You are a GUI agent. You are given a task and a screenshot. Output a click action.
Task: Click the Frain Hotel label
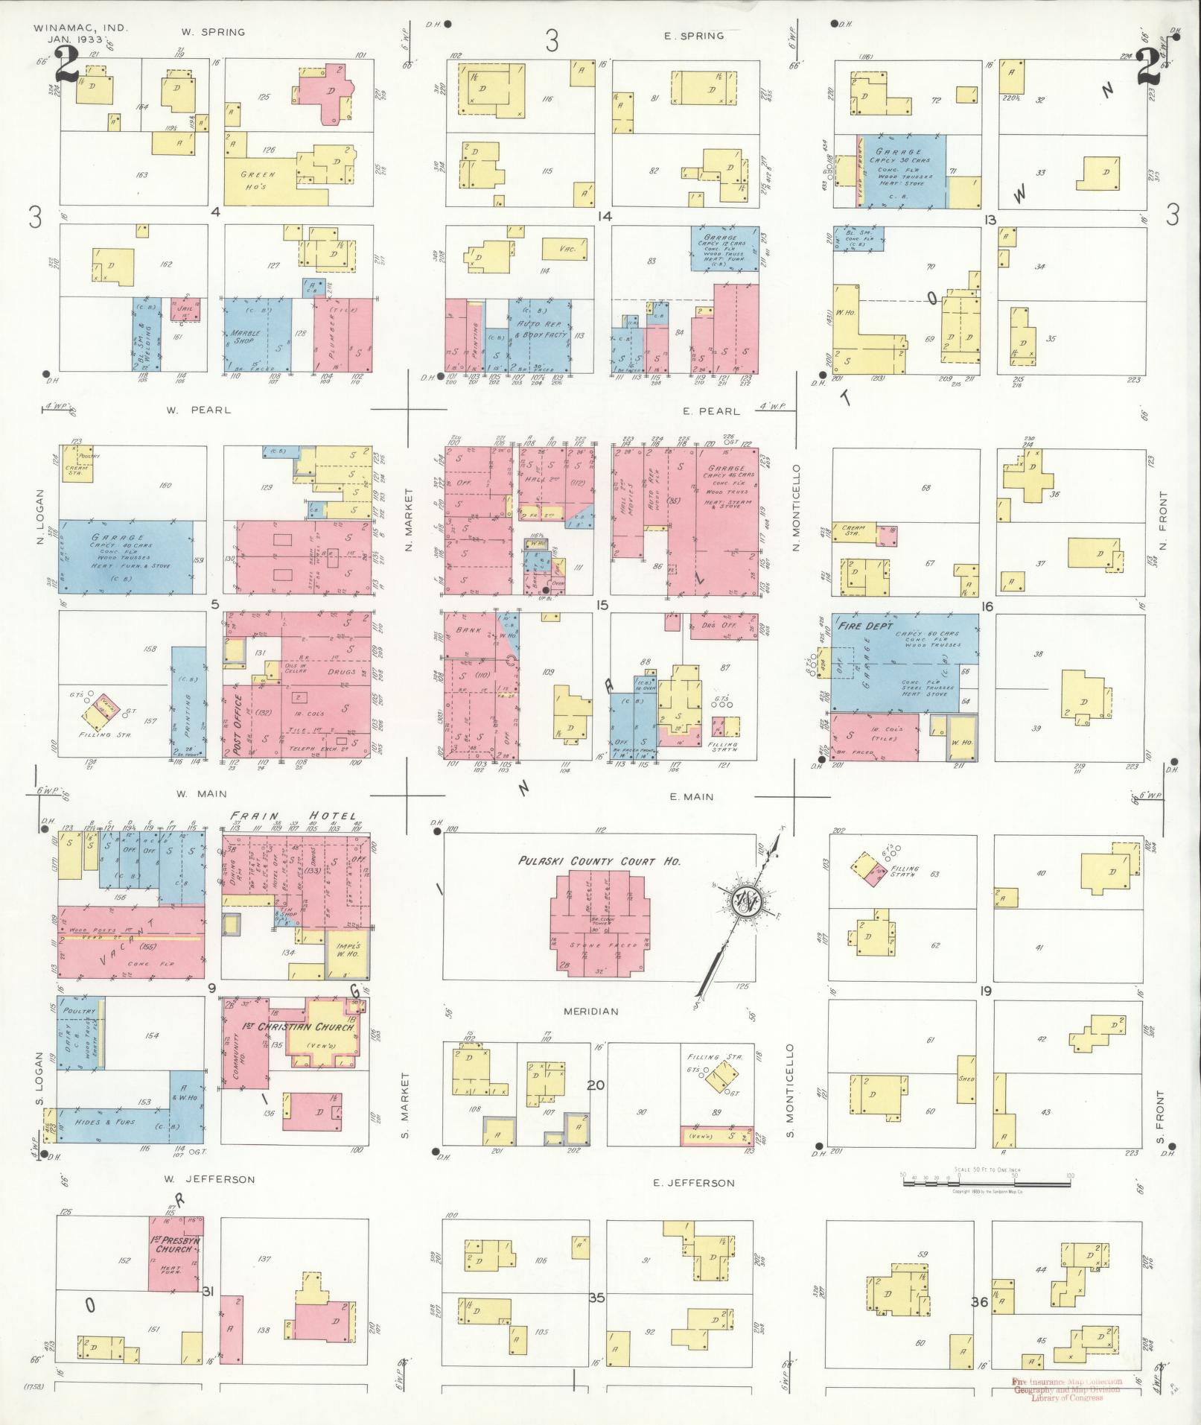click(x=293, y=816)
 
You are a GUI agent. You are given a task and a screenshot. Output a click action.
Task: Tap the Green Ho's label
click(x=257, y=180)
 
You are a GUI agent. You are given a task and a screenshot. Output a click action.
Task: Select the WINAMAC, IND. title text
click(x=80, y=28)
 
